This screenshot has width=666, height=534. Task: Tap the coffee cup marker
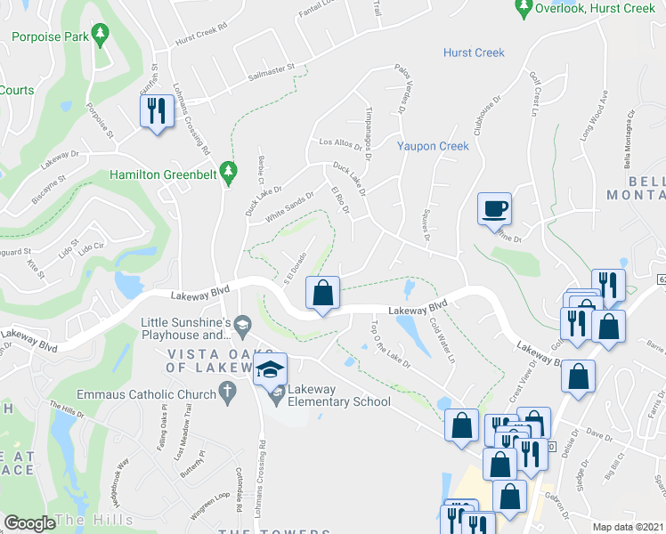496,209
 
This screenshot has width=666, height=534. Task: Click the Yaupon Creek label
433,146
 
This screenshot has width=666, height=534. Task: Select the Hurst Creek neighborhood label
474,53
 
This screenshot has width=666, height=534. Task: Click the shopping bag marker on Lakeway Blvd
323,292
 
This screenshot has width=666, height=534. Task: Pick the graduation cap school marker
271,369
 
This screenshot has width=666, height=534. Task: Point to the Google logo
29,522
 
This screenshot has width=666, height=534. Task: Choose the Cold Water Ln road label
443,342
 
